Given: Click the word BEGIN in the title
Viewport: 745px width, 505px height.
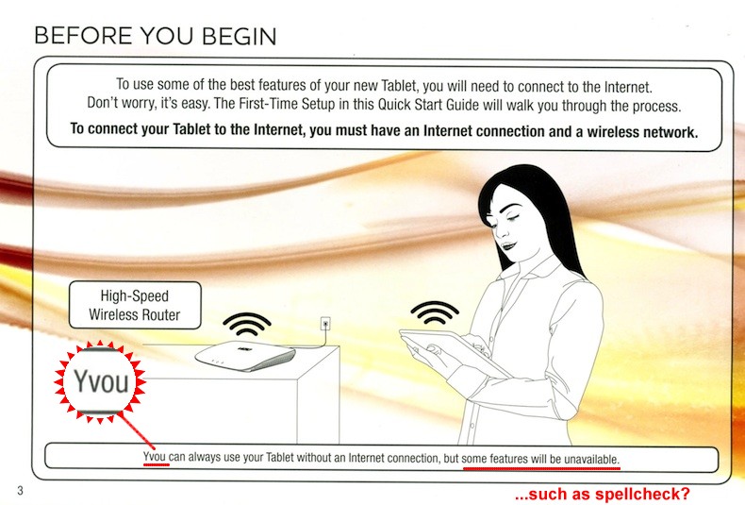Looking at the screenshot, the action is coord(239,36).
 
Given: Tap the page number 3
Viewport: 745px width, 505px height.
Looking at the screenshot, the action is coord(20,490).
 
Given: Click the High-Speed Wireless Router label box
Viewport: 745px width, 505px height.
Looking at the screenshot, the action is coord(135,305).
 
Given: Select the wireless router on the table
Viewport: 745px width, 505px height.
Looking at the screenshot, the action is coord(245,355).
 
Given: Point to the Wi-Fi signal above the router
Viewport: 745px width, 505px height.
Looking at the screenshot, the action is coord(246,324).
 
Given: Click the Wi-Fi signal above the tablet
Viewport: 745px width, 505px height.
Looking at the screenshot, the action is coord(435,311).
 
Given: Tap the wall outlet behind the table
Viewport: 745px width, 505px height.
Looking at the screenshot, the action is coord(325,325).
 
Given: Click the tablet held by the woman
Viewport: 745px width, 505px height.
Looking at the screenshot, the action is coord(452,352).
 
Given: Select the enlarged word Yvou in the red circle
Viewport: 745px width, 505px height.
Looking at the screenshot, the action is coord(101,381).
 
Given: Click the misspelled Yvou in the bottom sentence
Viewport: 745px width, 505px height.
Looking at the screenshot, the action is coord(155,457).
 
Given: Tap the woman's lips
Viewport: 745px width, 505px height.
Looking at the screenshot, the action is coord(509,245).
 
